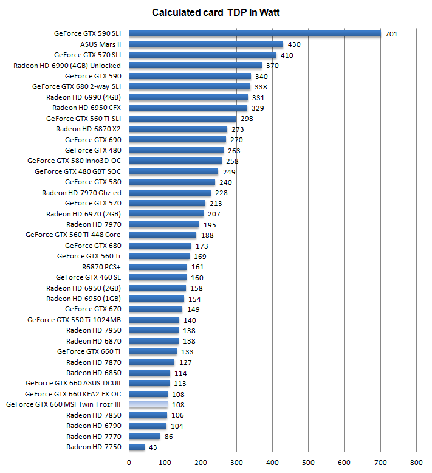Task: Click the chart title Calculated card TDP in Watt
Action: click(x=216, y=12)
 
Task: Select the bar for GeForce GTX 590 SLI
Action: click(x=255, y=34)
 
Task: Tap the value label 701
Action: click(x=391, y=34)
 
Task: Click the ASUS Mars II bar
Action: click(x=206, y=44)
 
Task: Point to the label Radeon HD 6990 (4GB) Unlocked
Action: click(x=67, y=66)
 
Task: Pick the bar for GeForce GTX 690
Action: click(x=177, y=140)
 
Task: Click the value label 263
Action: click(x=234, y=150)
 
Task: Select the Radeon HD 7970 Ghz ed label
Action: click(x=81, y=193)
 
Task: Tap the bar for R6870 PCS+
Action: click(x=157, y=267)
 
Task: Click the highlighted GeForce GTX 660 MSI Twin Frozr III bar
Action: click(x=148, y=404)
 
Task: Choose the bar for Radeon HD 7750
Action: click(x=137, y=447)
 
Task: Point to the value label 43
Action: click(x=153, y=447)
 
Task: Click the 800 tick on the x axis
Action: click(x=416, y=462)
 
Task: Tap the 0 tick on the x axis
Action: click(x=129, y=462)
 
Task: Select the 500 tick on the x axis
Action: click(x=309, y=462)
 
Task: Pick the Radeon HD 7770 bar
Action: click(x=145, y=437)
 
